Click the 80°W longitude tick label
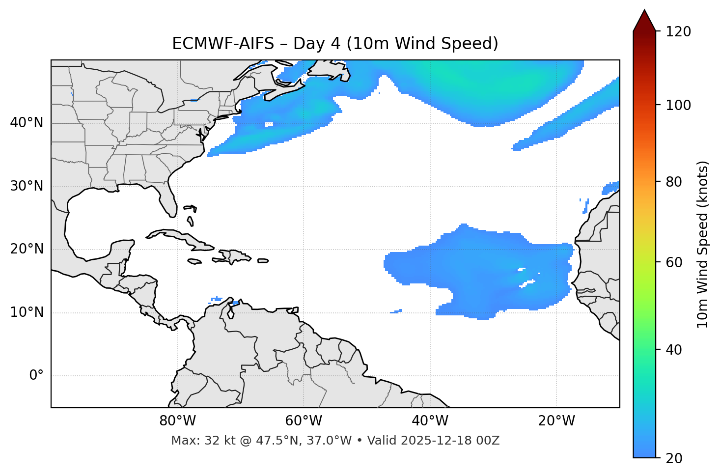(177, 421)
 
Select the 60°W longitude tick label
(303, 421)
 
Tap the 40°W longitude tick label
(430, 421)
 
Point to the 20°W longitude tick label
(556, 421)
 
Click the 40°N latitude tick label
(27, 123)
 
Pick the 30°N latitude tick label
(27, 186)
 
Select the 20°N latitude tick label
(27, 249)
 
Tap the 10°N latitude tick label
(27, 312)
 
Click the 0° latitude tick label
(36, 376)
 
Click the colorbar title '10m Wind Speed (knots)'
(703, 244)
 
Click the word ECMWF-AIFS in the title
(223, 44)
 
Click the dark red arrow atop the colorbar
(644, 21)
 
